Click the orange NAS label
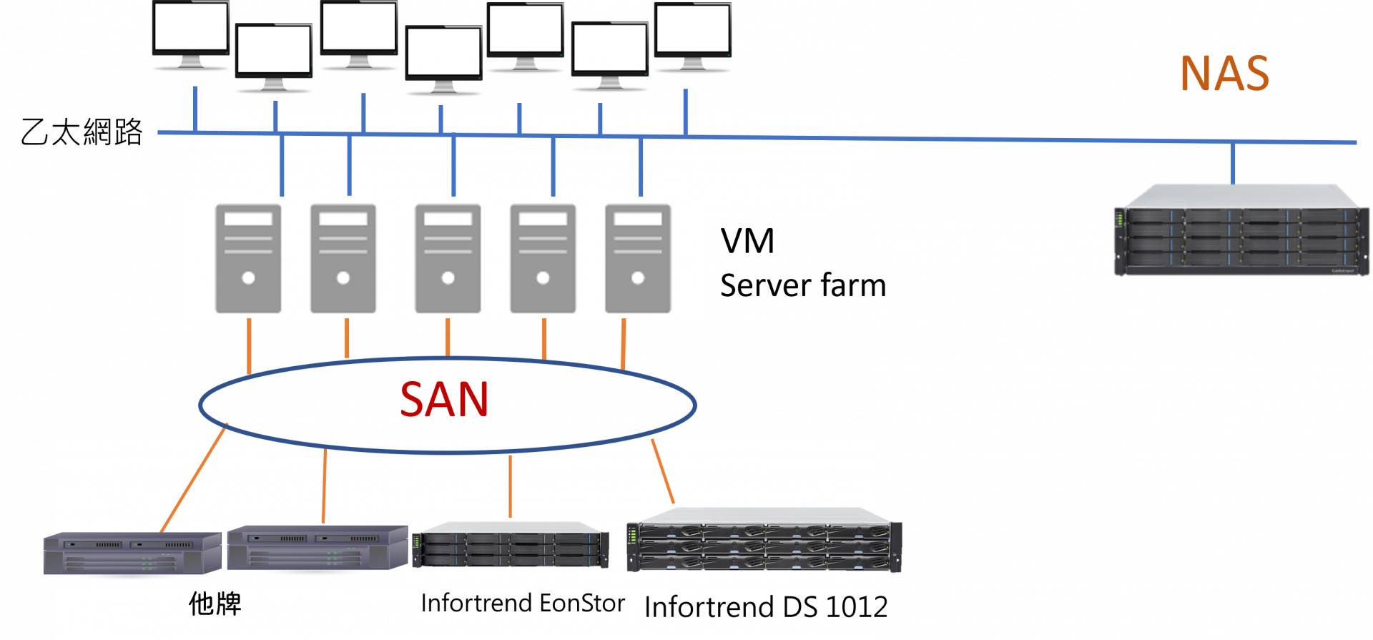pos(1224,74)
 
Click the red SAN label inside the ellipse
pos(444,399)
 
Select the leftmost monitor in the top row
pos(192,29)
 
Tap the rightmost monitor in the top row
pos(692,30)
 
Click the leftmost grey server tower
pos(248,258)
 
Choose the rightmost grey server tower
pos(638,258)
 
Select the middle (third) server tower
pos(448,258)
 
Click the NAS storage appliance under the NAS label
pos(1241,231)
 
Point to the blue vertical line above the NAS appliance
pos(1233,163)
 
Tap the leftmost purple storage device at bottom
pos(132,553)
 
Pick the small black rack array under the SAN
pos(511,545)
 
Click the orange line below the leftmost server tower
pos(249,346)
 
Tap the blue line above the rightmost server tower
pos(641,167)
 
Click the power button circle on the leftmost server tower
pos(248,277)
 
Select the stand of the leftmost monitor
pos(192,63)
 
